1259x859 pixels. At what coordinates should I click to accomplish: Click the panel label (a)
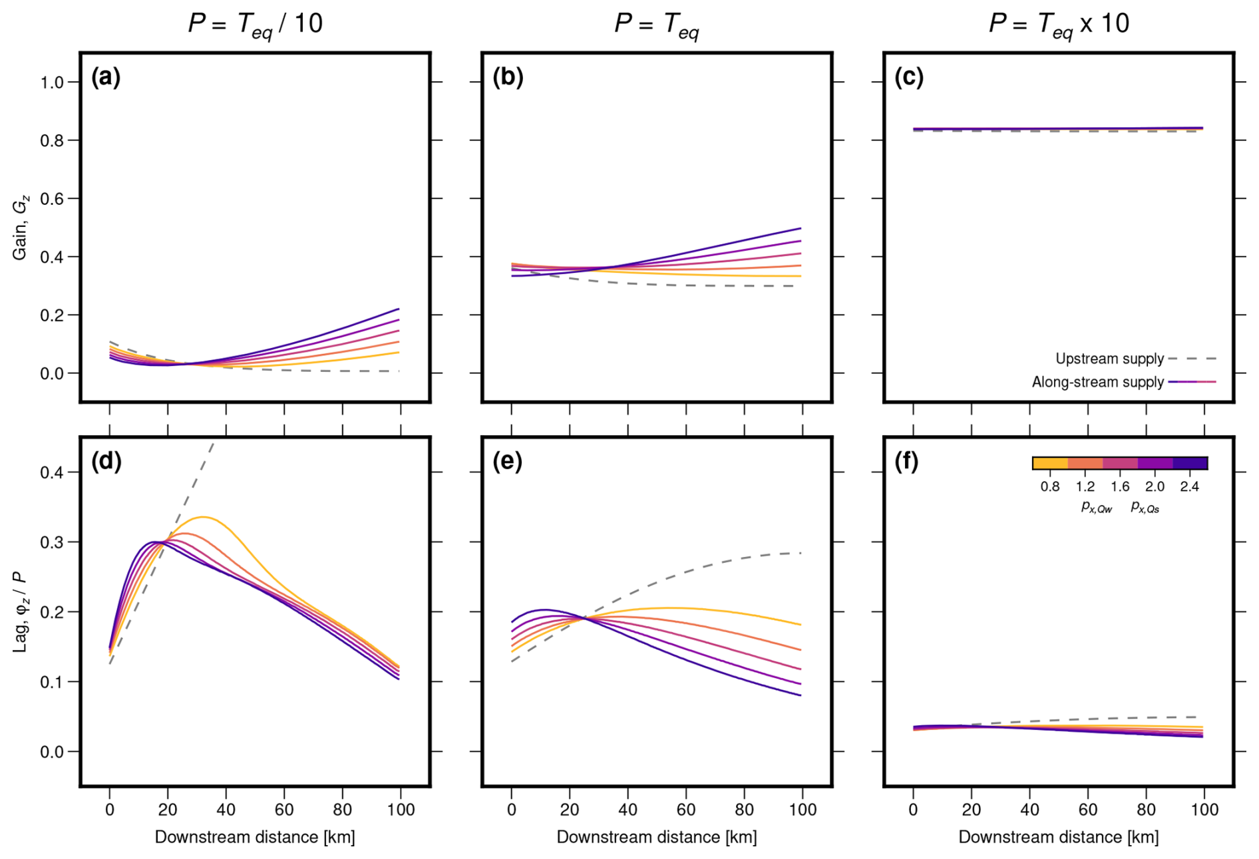(x=106, y=78)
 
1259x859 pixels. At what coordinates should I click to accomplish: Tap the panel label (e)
(x=508, y=461)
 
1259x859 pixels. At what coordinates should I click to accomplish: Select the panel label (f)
(x=906, y=461)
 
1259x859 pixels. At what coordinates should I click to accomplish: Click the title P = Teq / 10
(x=255, y=24)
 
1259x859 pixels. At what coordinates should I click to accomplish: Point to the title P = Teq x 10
(x=1059, y=24)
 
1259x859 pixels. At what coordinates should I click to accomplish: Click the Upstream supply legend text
(x=1109, y=359)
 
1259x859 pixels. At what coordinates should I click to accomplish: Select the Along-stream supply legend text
(x=1097, y=382)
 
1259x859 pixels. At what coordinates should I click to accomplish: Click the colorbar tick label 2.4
(x=1189, y=486)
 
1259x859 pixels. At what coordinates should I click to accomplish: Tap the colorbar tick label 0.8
(x=1050, y=486)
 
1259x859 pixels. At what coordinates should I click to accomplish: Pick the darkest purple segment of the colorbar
(x=1190, y=463)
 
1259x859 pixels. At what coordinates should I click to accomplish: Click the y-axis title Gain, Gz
(x=21, y=228)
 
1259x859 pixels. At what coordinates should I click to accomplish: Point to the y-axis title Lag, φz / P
(x=21, y=611)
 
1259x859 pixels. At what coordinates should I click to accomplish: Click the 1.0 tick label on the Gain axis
(x=52, y=83)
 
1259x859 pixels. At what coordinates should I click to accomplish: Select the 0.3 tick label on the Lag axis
(x=52, y=542)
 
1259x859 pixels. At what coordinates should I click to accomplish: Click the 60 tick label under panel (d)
(x=284, y=810)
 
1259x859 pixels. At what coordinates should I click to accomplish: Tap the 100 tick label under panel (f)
(x=1204, y=810)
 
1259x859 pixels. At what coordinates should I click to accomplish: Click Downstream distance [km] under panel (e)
(x=657, y=837)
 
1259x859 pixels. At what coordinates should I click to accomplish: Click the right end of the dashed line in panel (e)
(x=801, y=553)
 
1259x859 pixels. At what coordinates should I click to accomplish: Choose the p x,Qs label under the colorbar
(x=1145, y=508)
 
